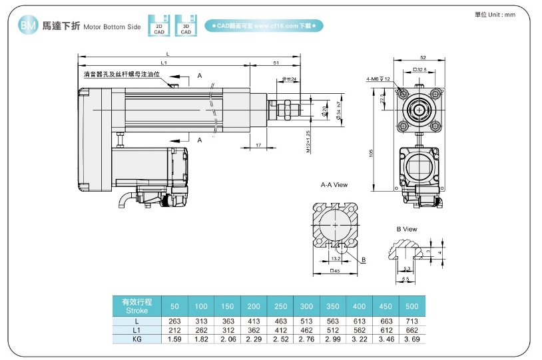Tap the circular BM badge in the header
tap(27, 26)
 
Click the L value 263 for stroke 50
tap(174, 321)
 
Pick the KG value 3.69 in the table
tap(412, 339)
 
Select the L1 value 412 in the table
tap(280, 329)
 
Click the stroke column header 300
tap(307, 306)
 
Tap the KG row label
tap(136, 339)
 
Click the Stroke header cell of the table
tap(136, 306)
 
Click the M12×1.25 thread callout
tap(308, 142)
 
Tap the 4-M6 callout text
tap(378, 79)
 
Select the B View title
tap(407, 229)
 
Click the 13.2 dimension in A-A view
tap(336, 258)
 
